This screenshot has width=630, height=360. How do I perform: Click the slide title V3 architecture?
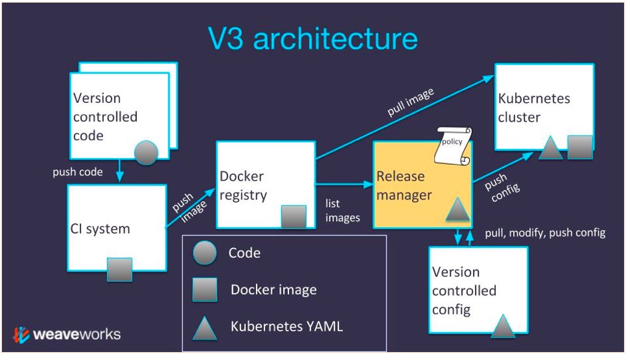pyautogui.click(x=312, y=39)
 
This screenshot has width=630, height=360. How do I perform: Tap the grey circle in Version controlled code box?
pyautogui.click(x=146, y=153)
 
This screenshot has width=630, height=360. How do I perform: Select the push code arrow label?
pyautogui.click(x=78, y=172)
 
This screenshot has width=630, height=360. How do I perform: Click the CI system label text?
pyautogui.click(x=100, y=229)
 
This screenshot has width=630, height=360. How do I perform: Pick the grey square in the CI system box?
pyautogui.click(x=120, y=269)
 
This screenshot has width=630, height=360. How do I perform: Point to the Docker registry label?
pyautogui.click(x=243, y=186)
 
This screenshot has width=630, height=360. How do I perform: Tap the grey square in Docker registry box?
pyautogui.click(x=294, y=217)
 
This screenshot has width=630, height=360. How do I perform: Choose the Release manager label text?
pyautogui.click(x=404, y=186)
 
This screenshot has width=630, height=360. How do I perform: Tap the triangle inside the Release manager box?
pyautogui.click(x=458, y=211)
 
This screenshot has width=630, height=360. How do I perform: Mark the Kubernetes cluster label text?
pyautogui.click(x=534, y=108)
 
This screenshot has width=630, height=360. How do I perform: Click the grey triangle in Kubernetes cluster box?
pyautogui.click(x=550, y=148)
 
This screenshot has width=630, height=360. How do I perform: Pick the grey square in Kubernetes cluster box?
pyautogui.click(x=579, y=147)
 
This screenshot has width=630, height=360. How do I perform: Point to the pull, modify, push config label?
pyautogui.click(x=545, y=233)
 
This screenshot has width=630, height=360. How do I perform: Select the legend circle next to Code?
pyautogui.click(x=204, y=253)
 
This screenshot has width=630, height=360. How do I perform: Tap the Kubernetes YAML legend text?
pyautogui.click(x=286, y=326)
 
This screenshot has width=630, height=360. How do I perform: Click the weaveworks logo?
pyautogui.click(x=67, y=333)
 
